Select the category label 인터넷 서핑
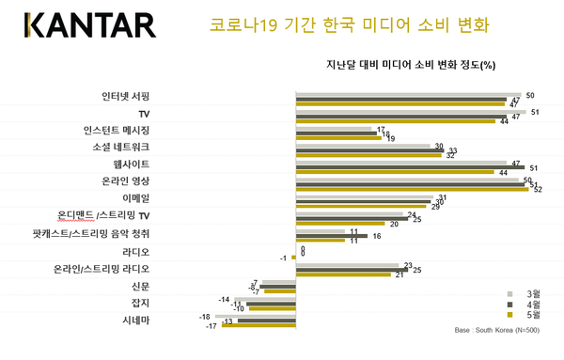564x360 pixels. (x=126, y=96)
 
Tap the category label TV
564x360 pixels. (x=144, y=113)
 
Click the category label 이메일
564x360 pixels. (x=135, y=197)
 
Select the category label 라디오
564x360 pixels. (x=135, y=252)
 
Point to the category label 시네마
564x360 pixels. (x=135, y=319)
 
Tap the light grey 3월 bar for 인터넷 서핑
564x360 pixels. (x=408, y=95)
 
